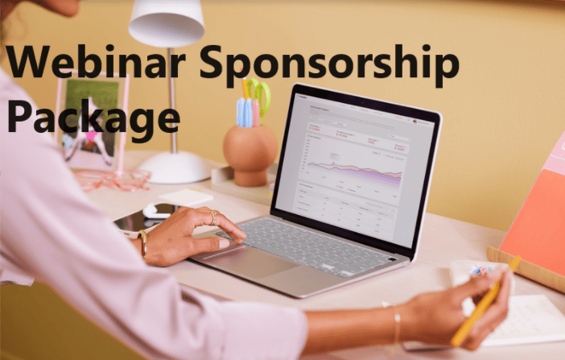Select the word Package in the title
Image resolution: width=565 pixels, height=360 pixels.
pyautogui.click(x=93, y=115)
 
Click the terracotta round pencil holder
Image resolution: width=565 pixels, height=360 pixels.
pyautogui.click(x=250, y=153)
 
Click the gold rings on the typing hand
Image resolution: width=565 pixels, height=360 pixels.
pyautogui.click(x=212, y=216)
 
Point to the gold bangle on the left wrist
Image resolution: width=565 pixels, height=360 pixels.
pyautogui.click(x=142, y=242)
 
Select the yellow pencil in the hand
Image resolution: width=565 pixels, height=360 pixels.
pyautogui.click(x=484, y=303)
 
